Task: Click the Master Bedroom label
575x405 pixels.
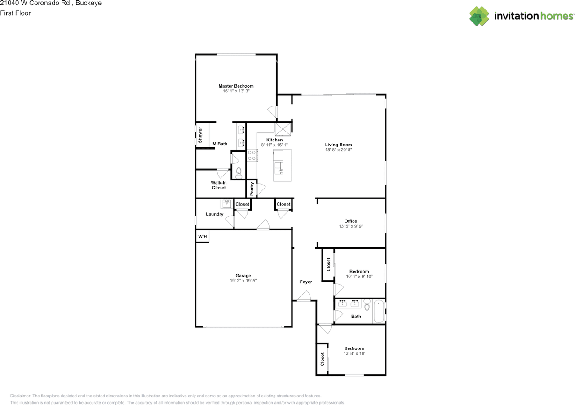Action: [x=236, y=86]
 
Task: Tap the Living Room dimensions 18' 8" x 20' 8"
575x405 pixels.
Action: [x=338, y=150]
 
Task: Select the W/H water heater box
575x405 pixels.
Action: [x=203, y=237]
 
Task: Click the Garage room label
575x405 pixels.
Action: [x=243, y=276]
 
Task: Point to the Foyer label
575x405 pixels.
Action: [x=306, y=282]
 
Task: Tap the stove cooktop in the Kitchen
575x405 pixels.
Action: [x=252, y=155]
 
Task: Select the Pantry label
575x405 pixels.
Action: [x=252, y=188]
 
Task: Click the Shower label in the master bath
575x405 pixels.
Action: [x=200, y=135]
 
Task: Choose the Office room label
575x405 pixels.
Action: [x=350, y=221]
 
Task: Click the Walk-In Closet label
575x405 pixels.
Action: [x=218, y=185]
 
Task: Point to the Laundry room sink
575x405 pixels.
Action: [x=226, y=203]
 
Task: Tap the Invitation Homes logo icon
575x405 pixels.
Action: [x=479, y=16]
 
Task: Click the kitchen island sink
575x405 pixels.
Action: [x=280, y=169]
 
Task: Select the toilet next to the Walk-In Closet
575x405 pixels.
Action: [x=239, y=172]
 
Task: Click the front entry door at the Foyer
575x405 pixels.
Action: [x=304, y=296]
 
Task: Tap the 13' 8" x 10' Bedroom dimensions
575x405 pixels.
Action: [x=354, y=354]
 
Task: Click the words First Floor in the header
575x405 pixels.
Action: [x=15, y=13]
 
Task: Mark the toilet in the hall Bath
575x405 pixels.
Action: [x=367, y=305]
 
